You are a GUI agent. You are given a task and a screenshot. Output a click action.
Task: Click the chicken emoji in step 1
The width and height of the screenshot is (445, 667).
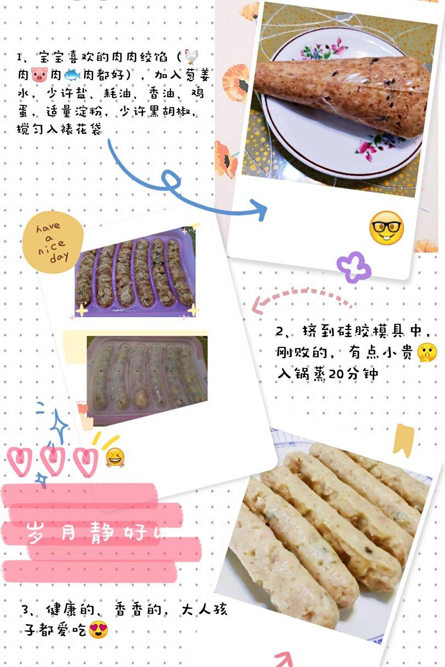tap(191, 57)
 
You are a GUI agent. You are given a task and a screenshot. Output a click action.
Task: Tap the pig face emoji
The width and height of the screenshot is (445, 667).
tap(40, 75)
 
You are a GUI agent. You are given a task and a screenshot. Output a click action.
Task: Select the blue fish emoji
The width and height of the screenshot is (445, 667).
tap(72, 75)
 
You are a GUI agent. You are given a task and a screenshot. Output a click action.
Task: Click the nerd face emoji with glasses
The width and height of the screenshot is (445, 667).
tap(386, 228)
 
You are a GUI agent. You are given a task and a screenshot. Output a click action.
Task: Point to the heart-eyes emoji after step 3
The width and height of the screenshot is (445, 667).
tap(98, 630)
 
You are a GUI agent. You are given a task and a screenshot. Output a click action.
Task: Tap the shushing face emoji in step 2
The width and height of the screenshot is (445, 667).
tap(427, 352)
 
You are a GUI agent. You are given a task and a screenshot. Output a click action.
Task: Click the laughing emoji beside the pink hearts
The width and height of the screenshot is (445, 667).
tap(115, 457)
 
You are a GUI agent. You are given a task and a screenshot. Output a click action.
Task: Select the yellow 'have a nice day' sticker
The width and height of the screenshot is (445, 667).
tap(53, 242)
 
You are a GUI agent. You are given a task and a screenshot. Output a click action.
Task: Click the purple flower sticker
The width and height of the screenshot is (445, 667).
tap(354, 267)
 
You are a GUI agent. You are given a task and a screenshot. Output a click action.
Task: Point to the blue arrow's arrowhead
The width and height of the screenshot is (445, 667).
tap(259, 209)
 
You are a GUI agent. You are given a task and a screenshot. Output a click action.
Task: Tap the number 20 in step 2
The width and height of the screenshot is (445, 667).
tap(336, 374)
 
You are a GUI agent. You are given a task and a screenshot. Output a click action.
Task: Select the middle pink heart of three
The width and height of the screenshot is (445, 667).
tap(53, 461)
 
